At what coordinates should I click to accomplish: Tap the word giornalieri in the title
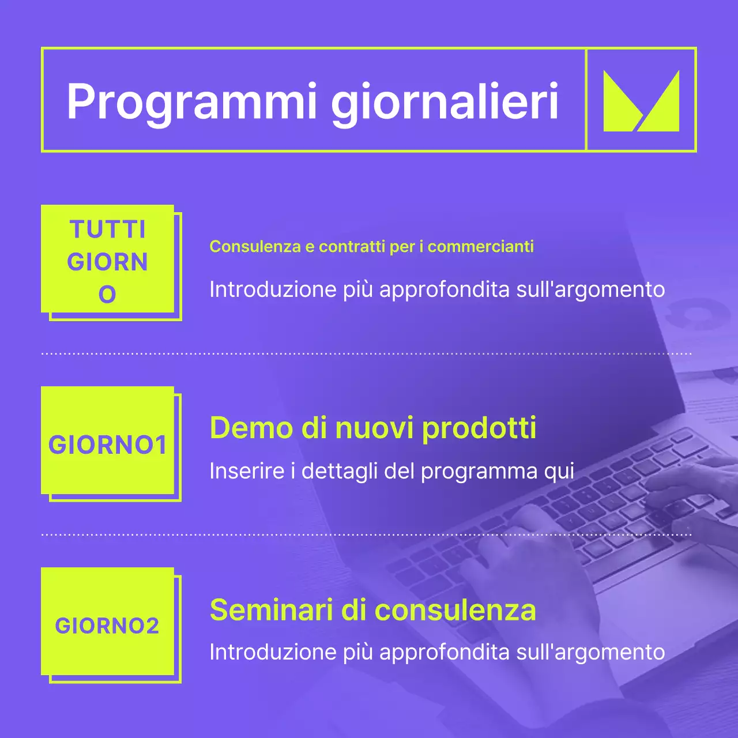point(445,102)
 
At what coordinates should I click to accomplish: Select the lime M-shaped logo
point(641,101)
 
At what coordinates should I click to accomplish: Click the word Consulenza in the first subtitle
point(255,247)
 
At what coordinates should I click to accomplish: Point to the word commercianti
point(480,247)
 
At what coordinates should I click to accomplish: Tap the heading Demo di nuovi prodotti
point(372,428)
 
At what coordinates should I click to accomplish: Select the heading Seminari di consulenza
point(372,609)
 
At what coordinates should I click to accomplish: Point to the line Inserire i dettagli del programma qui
point(391,471)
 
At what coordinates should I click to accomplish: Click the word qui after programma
point(559,471)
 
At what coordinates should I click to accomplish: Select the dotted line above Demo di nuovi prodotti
point(367,353)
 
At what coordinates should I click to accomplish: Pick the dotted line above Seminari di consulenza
point(367,535)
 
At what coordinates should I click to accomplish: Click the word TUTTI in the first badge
point(108,229)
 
